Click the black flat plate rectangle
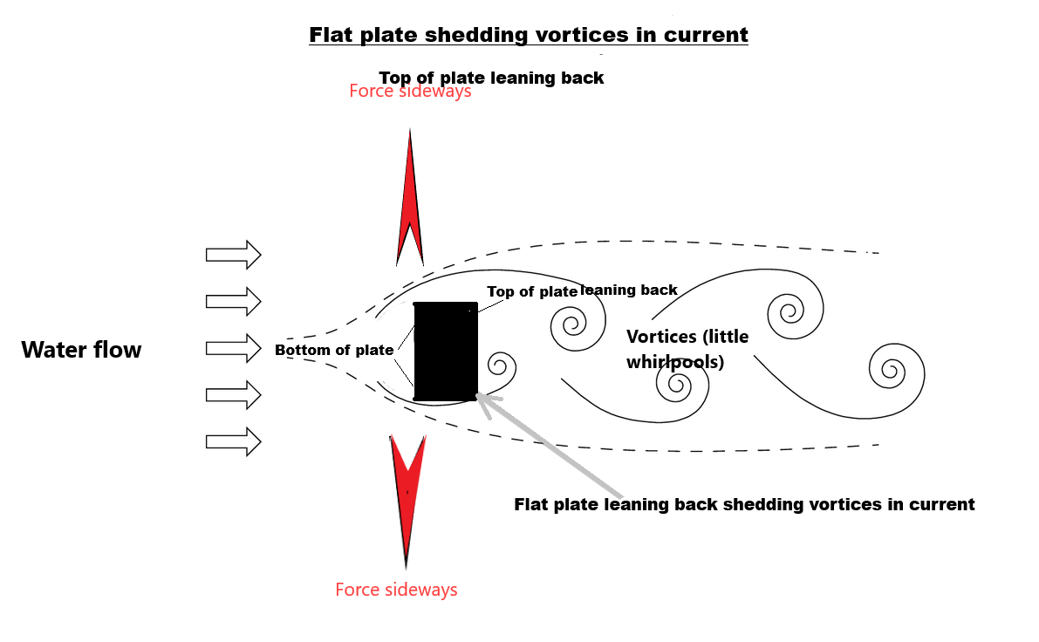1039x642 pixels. (446, 351)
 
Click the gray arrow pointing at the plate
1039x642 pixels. (550, 446)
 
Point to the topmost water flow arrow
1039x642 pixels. (233, 255)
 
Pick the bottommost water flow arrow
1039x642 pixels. (233, 441)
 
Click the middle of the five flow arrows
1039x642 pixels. (233, 348)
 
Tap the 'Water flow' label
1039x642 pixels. (81, 351)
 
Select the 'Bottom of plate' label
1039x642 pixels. (334, 351)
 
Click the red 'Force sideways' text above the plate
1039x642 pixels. (410, 91)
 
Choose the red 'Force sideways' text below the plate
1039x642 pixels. (396, 590)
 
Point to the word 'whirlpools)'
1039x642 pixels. (675, 360)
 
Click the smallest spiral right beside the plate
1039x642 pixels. (500, 365)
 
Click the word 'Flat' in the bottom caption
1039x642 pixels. (531, 504)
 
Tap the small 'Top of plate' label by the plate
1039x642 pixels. (532, 292)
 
